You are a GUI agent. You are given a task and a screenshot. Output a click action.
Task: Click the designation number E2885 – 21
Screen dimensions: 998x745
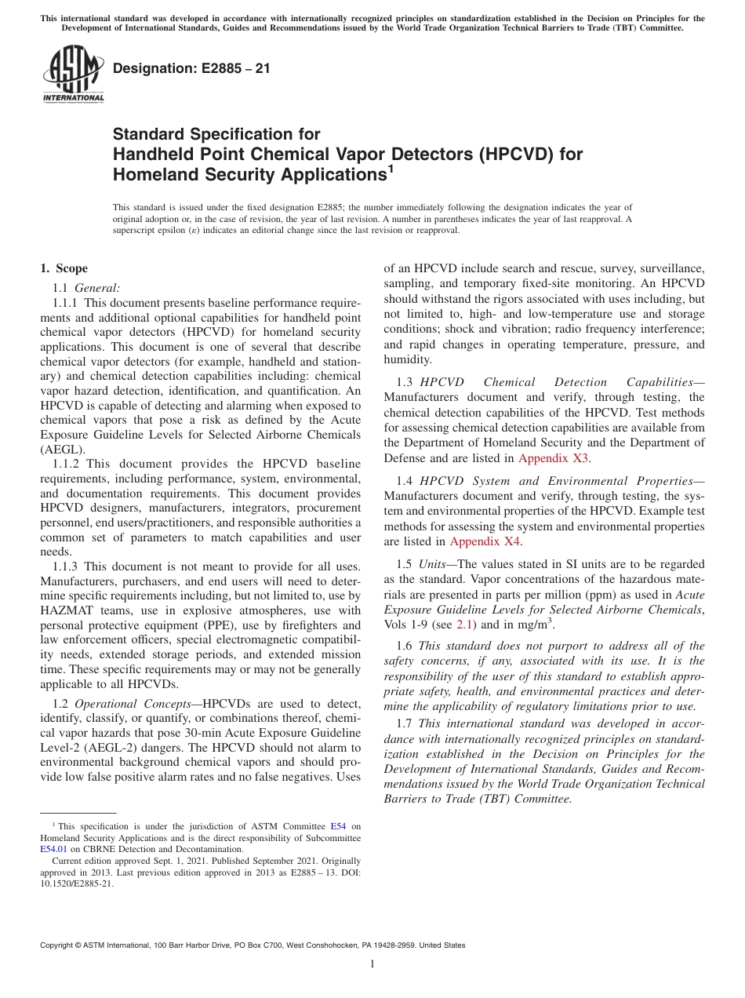tap(191, 68)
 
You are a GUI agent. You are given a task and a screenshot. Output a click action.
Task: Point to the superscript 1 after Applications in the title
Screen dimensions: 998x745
tap(391, 167)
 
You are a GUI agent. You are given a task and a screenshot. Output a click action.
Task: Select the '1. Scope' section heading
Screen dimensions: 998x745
tap(64, 268)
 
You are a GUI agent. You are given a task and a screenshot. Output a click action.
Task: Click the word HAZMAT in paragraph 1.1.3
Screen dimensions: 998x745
tap(67, 610)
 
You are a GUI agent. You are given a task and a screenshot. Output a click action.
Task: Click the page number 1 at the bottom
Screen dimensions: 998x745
tap(372, 963)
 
